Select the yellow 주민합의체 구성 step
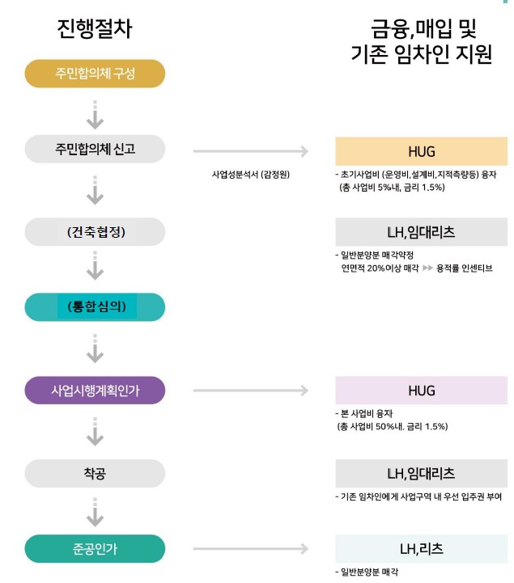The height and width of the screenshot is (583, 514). tap(95, 74)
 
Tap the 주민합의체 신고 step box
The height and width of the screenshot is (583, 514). tap(95, 149)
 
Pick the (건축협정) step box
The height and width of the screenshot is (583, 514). tap(95, 231)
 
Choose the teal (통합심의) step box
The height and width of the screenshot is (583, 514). tap(95, 306)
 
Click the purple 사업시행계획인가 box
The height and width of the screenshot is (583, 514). tap(95, 391)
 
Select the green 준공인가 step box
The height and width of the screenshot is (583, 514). tap(95, 548)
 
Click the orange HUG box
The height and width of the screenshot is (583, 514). tap(421, 151)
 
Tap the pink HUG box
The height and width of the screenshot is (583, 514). tap(421, 391)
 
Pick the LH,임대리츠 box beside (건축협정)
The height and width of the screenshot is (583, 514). tap(421, 232)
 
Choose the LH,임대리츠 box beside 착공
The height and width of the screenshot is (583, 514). tap(421, 473)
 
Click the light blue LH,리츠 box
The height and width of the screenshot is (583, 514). tap(421, 550)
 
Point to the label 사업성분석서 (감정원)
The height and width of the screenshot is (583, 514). tap(250, 174)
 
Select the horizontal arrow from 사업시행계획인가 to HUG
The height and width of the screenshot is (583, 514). tap(250, 391)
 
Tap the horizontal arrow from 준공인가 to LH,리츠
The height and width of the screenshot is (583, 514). tap(250, 549)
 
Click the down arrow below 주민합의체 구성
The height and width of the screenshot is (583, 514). tap(95, 114)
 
